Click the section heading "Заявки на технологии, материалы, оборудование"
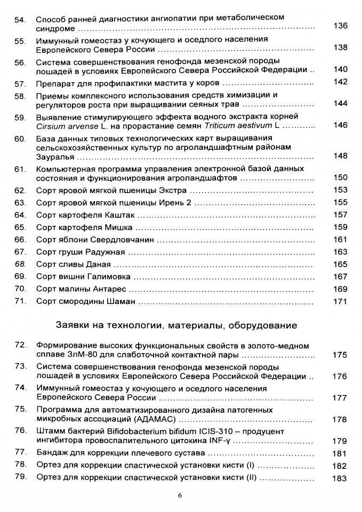(176, 325)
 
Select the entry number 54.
(20, 20)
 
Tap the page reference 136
(340, 26)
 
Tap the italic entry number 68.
(20, 264)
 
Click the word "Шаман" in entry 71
(120, 302)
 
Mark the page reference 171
(340, 302)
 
